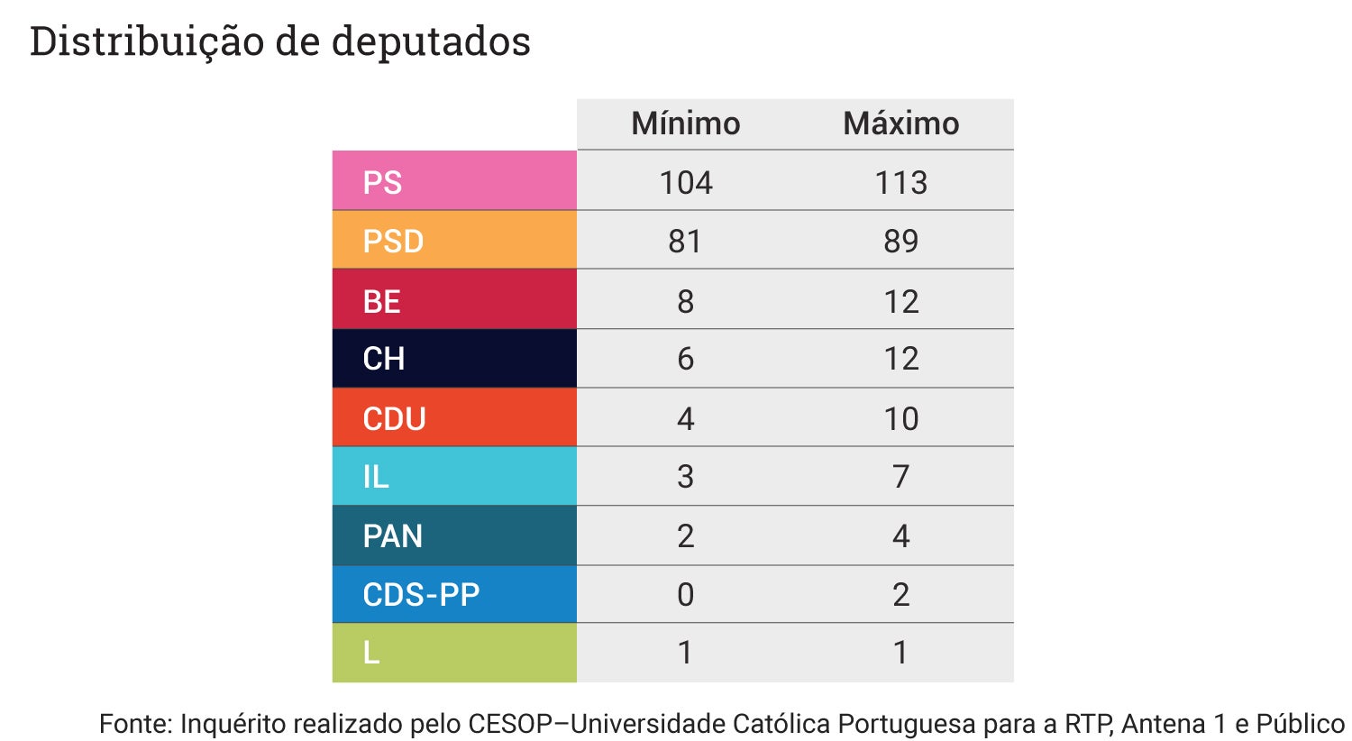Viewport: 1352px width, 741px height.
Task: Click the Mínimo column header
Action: click(685, 123)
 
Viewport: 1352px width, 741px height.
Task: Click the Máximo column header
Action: click(900, 123)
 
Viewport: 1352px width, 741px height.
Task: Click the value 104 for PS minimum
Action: click(685, 183)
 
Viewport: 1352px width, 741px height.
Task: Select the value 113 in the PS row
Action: click(900, 183)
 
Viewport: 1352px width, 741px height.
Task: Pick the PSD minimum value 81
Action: click(685, 242)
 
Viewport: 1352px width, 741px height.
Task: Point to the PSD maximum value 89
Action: click(900, 242)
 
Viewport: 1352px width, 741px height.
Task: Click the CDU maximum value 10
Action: click(900, 418)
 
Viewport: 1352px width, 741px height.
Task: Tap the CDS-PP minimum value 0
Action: click(685, 595)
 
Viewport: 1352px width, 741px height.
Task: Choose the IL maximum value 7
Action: click(900, 477)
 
